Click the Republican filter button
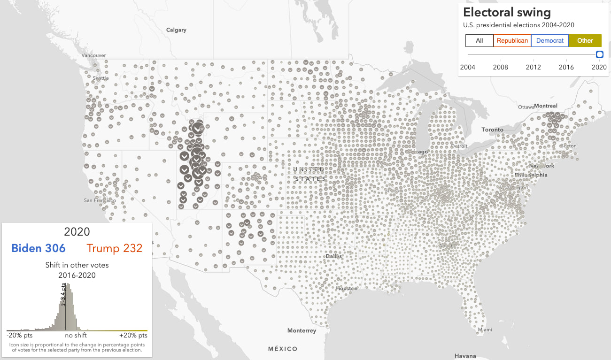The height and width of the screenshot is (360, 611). pyautogui.click(x=512, y=41)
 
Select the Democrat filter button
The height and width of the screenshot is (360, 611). pyautogui.click(x=550, y=41)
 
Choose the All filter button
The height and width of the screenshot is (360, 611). pyautogui.click(x=480, y=41)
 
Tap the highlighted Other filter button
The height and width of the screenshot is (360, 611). pyautogui.click(x=585, y=41)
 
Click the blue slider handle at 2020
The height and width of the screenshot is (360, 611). pyautogui.click(x=599, y=54)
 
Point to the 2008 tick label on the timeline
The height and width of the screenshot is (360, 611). pyautogui.click(x=500, y=67)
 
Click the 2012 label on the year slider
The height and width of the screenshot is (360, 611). pyautogui.click(x=533, y=67)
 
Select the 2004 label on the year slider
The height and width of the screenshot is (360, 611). pyautogui.click(x=467, y=67)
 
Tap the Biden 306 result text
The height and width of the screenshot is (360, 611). pyautogui.click(x=39, y=248)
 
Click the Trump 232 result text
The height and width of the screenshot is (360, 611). pyautogui.click(x=114, y=248)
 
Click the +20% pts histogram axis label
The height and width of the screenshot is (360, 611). pyautogui.click(x=133, y=336)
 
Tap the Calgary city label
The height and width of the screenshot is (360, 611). pyautogui.click(x=176, y=30)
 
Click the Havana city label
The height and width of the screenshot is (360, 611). pyautogui.click(x=465, y=356)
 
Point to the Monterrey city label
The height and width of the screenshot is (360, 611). pyautogui.click(x=302, y=330)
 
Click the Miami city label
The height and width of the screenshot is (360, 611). pyautogui.click(x=485, y=329)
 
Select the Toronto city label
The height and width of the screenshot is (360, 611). pyautogui.click(x=492, y=130)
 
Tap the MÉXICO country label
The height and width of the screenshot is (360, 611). pyautogui.click(x=283, y=349)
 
